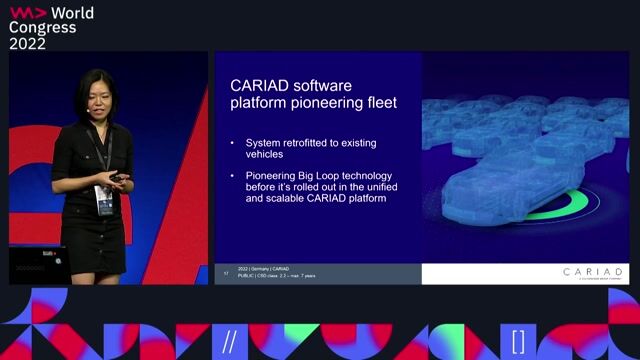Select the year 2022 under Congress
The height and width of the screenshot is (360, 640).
coord(29,43)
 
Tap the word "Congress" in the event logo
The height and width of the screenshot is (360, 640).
coord(43,27)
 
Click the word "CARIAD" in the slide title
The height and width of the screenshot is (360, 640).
coord(264,86)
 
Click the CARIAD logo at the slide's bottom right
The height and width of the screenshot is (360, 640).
coord(592,273)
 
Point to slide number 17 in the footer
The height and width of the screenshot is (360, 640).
coord(226,272)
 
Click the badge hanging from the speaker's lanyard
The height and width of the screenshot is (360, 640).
coord(102,199)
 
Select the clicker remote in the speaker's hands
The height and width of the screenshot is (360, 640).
coord(118,178)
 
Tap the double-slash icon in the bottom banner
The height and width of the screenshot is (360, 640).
coord(230,340)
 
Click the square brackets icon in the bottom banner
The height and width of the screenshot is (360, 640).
coord(518,340)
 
